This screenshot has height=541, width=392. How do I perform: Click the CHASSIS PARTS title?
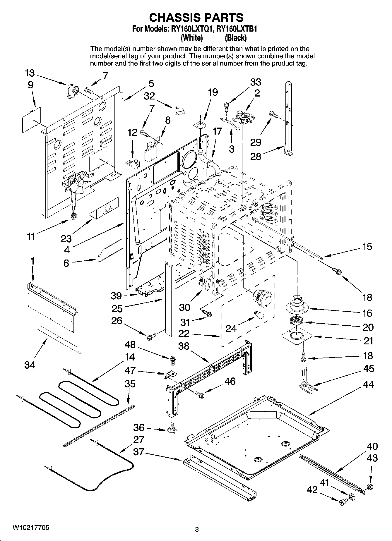[x=196, y=18]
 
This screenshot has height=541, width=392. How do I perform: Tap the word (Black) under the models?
[x=235, y=38]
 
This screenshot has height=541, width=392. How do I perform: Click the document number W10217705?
[x=30, y=528]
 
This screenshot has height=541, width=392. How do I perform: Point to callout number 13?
[x=30, y=73]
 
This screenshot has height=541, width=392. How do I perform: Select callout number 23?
[x=66, y=238]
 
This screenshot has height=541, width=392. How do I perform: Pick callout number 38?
[x=184, y=346]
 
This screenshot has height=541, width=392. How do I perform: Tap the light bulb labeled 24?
[x=259, y=315]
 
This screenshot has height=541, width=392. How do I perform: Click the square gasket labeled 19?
[x=199, y=126]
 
